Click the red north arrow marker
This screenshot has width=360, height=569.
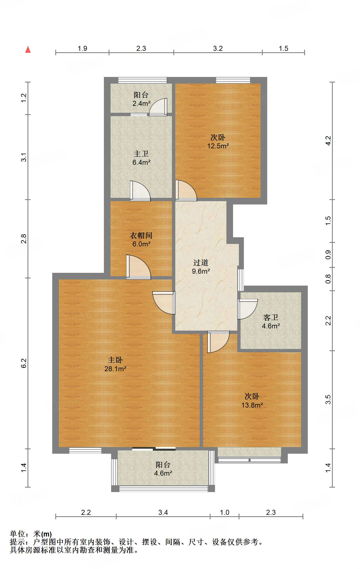tap(28, 49)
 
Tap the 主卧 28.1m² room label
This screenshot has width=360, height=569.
tap(115, 364)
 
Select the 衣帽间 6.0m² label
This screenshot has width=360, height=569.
tap(141, 239)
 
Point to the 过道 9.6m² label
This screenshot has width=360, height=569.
tap(201, 267)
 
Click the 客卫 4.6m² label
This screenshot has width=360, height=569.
tap(271, 321)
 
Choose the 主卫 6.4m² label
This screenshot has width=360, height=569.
tap(141, 158)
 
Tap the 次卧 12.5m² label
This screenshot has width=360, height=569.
tap(218, 141)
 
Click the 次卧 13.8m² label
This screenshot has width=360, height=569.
tap(252, 401)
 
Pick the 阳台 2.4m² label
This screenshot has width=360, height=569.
tap(141, 99)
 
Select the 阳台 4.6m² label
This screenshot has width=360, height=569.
tap(163, 469)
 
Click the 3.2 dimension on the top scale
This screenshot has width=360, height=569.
tap(218, 48)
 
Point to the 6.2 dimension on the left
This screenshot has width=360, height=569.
tap(24, 363)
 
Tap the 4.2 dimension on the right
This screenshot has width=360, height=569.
tap(328, 141)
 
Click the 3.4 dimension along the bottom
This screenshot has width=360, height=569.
tap(163, 512)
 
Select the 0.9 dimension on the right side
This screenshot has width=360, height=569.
tap(328, 255)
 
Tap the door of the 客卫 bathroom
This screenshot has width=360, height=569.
tap(247, 309)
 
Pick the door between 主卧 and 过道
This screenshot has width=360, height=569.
tap(164, 303)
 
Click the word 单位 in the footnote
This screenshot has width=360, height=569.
tap(17, 534)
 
